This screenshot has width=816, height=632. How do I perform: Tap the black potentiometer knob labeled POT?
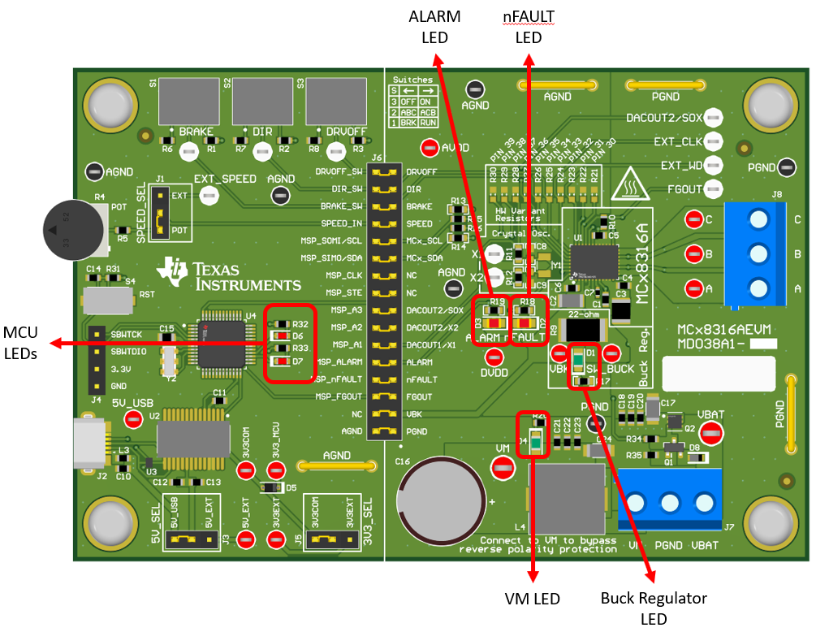[x=72, y=231]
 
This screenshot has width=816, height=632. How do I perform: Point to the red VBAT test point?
[x=711, y=434]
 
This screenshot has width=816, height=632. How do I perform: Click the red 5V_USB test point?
[x=133, y=419]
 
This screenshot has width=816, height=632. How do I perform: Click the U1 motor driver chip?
[x=594, y=262]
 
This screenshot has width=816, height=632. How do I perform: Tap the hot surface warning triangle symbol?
[x=626, y=186]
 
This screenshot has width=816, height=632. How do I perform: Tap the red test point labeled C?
[x=693, y=220]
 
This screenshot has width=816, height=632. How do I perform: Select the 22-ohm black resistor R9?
[x=582, y=330]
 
